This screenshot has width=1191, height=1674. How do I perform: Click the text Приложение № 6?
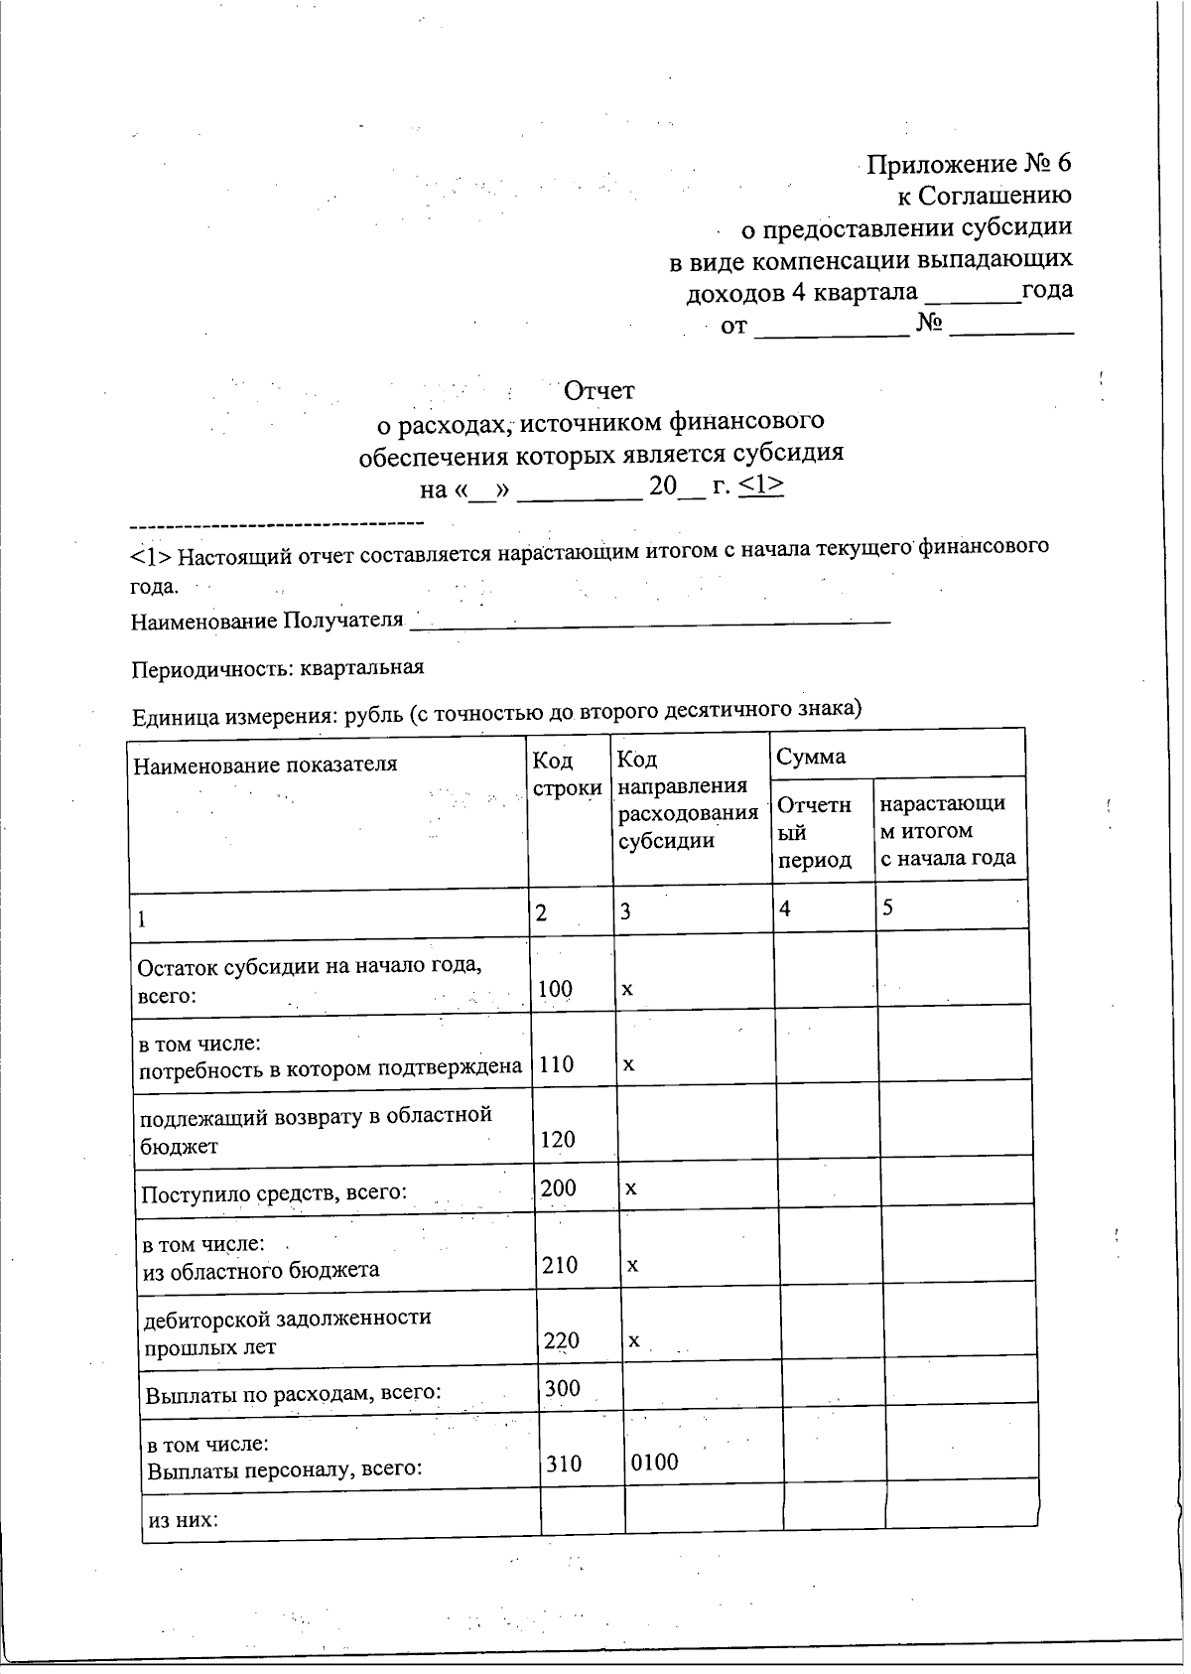click(969, 164)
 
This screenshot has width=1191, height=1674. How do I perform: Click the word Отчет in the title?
click(597, 390)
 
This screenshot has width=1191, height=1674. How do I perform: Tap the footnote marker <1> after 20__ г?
click(763, 487)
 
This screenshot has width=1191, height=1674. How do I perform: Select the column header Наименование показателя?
click(265, 764)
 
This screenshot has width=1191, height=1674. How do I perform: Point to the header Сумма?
click(810, 757)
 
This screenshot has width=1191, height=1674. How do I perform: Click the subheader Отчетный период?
click(815, 832)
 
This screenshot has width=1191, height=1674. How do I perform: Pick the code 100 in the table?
click(556, 989)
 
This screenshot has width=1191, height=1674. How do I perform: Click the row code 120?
click(558, 1139)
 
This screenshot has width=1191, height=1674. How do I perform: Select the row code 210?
click(560, 1265)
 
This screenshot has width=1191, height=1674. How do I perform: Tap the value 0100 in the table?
click(655, 1462)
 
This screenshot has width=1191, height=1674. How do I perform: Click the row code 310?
click(563, 1464)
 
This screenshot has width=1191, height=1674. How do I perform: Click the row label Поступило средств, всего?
click(274, 1192)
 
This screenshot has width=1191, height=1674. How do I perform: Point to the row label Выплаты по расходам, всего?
click(293, 1393)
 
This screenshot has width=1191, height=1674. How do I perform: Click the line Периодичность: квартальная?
click(278, 668)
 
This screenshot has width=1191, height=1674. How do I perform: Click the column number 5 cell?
click(887, 907)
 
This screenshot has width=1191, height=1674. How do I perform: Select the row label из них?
click(182, 1520)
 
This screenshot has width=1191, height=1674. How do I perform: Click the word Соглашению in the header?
click(994, 196)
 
